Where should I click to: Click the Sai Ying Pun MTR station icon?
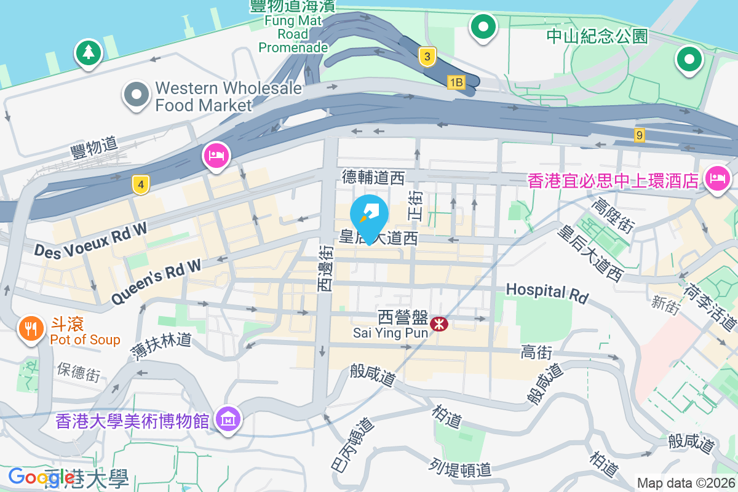pos(439,323)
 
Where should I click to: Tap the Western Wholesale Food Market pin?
pos(137,95)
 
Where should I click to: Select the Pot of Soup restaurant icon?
pos(30,328)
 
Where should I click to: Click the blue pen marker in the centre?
pos(369,215)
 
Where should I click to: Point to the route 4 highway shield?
pos(141,184)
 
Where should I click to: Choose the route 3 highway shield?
pos(427,57)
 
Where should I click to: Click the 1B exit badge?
pos(456,82)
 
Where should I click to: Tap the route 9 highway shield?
pos(640,134)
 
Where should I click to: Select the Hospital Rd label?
pos(547,292)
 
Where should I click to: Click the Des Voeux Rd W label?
pos(91,239)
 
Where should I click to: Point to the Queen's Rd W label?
pos(156,280)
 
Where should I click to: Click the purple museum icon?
pos(228,420)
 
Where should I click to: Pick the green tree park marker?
pos(89,52)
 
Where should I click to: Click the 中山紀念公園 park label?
pos(597,36)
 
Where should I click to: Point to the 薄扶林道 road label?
pos(161,346)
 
